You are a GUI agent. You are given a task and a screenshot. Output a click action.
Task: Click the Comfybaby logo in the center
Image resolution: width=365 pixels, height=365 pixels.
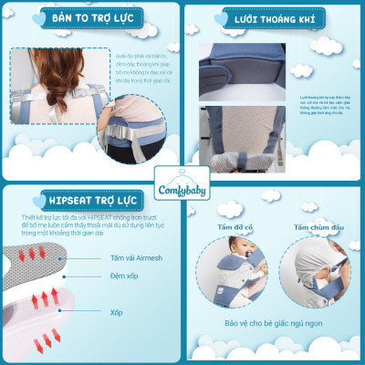[182, 181]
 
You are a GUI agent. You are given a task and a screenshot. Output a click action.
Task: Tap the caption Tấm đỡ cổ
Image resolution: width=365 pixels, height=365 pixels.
[233, 228]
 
